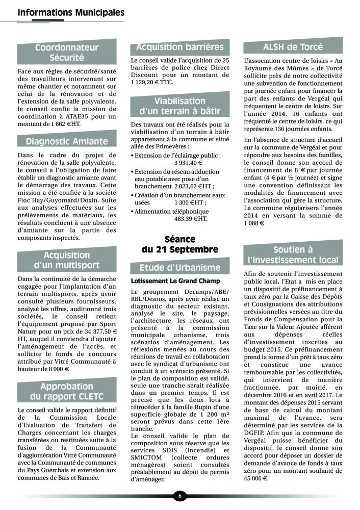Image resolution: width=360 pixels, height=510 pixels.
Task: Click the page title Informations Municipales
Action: [71, 12]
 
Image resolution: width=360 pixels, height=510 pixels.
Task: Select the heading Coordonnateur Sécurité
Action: [66, 53]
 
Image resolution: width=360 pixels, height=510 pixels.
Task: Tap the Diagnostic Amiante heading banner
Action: [67, 141]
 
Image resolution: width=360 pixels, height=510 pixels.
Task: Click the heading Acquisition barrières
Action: [179, 47]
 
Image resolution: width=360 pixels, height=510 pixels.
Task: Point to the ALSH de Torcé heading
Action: [293, 47]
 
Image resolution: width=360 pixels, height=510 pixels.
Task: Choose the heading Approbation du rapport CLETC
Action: [67, 391]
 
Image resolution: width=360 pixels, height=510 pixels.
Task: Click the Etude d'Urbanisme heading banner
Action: [179, 267]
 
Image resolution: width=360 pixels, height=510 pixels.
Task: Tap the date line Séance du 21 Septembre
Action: [180, 244]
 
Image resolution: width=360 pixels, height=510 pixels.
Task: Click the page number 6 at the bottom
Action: [179, 495]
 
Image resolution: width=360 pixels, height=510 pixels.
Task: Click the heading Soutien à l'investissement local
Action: [293, 254]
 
